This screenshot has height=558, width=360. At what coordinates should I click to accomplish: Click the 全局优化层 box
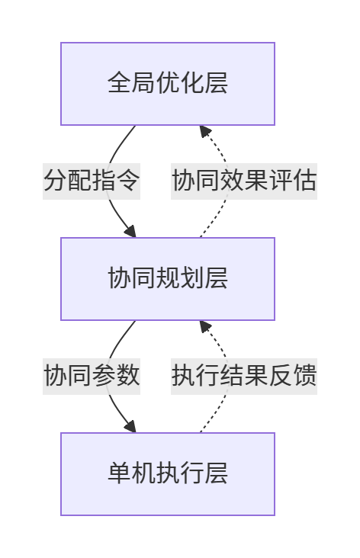point(168,84)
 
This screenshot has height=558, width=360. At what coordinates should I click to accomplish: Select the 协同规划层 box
point(168,279)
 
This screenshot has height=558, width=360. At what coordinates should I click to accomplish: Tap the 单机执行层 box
point(168,473)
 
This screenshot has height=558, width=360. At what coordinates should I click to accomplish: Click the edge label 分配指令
point(92,181)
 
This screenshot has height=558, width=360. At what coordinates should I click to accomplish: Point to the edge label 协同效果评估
point(244,181)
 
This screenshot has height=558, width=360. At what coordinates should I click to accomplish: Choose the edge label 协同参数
point(92,376)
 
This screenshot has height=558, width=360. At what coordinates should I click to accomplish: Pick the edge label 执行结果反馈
point(244,376)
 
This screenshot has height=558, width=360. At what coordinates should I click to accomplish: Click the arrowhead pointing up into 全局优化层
point(204,130)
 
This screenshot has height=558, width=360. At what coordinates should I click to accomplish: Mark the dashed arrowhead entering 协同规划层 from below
point(204,326)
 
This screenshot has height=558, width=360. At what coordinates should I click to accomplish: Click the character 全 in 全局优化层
point(120,83)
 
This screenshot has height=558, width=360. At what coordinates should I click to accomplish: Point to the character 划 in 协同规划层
point(192,278)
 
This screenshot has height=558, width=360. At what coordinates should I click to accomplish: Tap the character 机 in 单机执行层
point(143,473)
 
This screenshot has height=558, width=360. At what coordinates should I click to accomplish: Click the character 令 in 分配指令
point(128,181)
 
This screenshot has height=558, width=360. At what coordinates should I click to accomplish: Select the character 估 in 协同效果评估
point(304,181)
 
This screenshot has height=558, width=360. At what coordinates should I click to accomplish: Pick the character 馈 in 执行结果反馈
point(304,376)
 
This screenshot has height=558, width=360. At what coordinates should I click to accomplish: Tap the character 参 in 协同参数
point(104,376)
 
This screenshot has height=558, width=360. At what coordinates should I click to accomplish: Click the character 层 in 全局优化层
point(216,83)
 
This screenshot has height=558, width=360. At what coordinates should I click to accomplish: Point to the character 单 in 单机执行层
point(120,473)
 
